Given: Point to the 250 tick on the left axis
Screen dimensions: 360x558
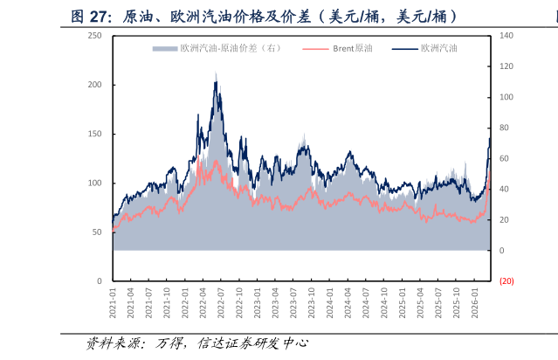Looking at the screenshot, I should [x=95, y=36].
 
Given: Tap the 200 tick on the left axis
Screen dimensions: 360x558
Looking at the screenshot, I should [x=95, y=85].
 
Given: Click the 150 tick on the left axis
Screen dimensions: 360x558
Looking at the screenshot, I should [x=95, y=134].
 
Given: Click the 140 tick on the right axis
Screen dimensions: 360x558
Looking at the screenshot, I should [x=507, y=36].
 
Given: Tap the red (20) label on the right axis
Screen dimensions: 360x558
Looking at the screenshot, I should [x=506, y=281].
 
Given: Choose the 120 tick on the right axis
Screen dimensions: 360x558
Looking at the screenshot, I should [x=507, y=66].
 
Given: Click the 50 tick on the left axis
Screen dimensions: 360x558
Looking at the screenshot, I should [x=97, y=232].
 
